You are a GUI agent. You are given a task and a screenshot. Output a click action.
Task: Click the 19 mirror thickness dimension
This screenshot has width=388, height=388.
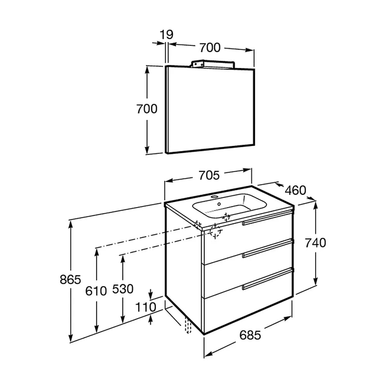point(166,35)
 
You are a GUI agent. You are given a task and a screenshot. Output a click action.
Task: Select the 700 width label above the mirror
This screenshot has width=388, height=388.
point(210,47)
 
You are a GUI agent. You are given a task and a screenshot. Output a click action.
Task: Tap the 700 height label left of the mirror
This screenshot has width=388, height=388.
point(147,109)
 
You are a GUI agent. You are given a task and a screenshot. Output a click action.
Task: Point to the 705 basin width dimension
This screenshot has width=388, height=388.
point(209,175)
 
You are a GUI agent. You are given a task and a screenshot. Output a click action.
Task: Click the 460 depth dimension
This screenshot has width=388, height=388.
point(295,190)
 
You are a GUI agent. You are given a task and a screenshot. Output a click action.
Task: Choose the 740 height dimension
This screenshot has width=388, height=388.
point(315,243)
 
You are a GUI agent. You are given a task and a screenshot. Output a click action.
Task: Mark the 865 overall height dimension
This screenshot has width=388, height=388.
point(71,280)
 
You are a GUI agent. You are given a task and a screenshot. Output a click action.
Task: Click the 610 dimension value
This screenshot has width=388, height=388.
point(96,291)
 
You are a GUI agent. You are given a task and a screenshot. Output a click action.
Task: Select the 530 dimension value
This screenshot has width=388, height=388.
point(123,289)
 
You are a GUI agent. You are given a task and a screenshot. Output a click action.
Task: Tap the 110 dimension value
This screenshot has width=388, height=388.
point(146,307)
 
